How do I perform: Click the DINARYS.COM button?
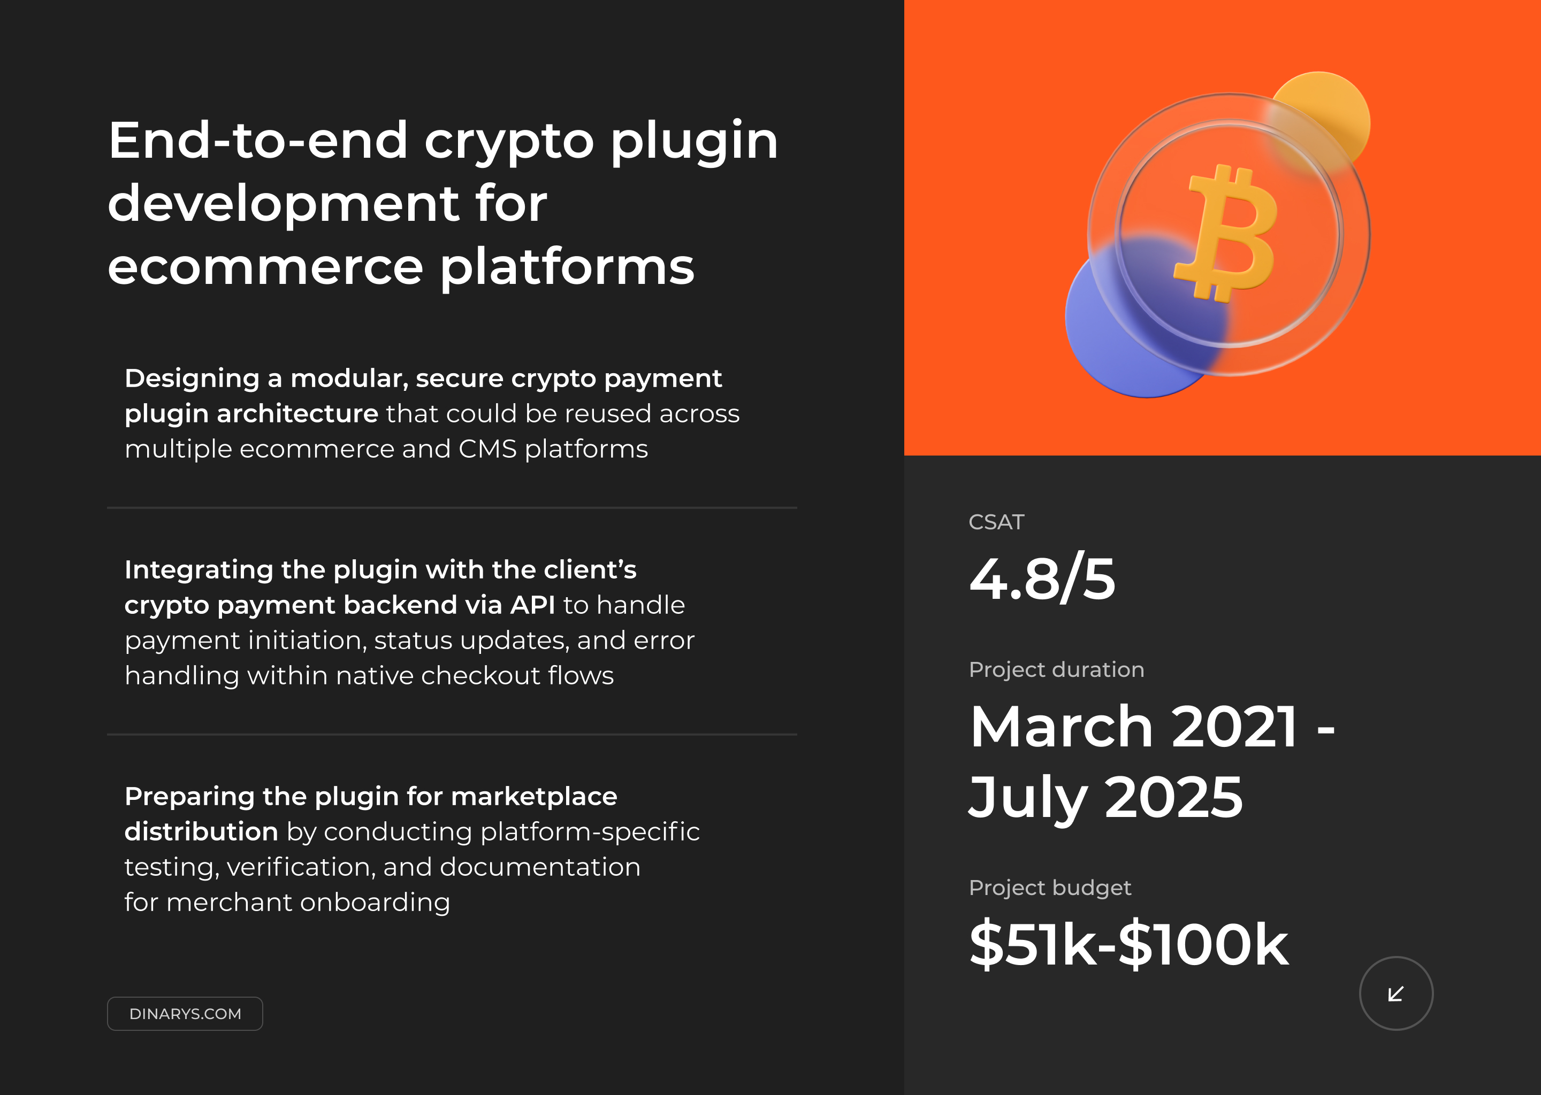pos(185,1013)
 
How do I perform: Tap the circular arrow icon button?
pos(1395,993)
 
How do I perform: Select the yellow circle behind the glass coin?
pos(1329,108)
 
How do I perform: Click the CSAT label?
pos(996,522)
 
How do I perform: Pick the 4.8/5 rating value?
pos(1042,579)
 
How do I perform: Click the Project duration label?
pos(1056,669)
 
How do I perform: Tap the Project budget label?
pos(1050,888)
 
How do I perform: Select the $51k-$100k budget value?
pos(1128,944)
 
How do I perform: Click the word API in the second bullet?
pos(532,605)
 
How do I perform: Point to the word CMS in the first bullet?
pos(487,449)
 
